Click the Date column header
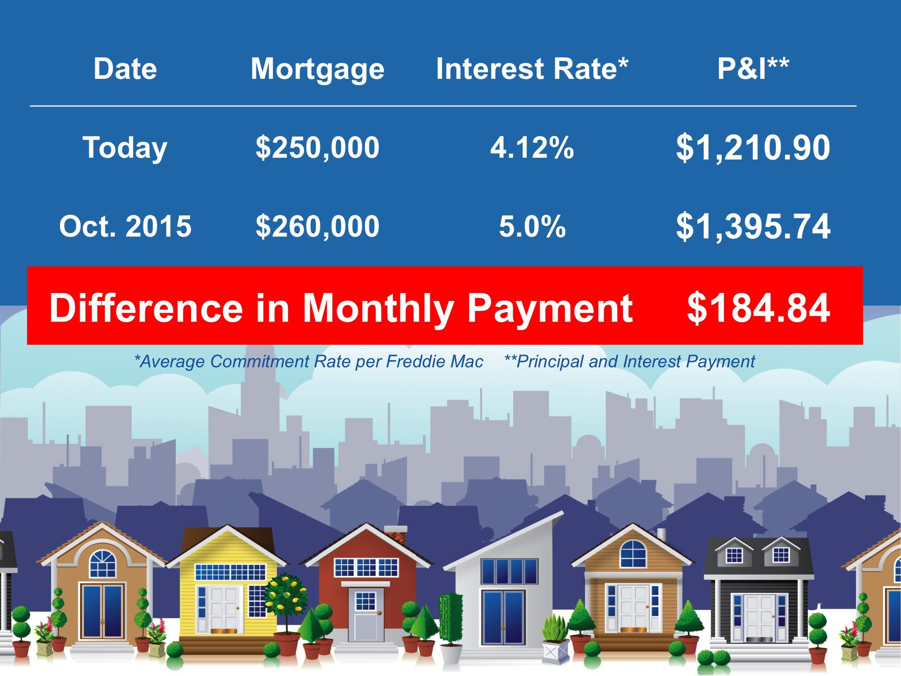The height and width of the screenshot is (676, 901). tap(125, 69)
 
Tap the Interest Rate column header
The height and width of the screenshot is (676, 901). tap(532, 69)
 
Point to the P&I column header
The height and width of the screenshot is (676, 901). tap(753, 69)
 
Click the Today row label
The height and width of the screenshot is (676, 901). tap(125, 148)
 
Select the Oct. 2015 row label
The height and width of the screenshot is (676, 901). tap(125, 226)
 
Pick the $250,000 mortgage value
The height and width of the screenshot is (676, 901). tap(317, 148)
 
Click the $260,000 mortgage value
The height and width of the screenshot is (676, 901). tap(317, 226)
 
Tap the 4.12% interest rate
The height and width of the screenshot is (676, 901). tap(532, 147)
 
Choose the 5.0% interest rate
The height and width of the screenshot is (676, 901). tap(532, 226)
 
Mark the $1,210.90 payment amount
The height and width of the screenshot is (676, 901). tap(753, 148)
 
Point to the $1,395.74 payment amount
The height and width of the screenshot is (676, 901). tap(753, 227)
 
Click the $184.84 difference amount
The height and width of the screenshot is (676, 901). tap(758, 308)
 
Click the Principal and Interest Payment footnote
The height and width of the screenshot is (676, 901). tap(629, 362)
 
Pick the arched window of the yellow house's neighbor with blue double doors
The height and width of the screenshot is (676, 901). tap(102, 563)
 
